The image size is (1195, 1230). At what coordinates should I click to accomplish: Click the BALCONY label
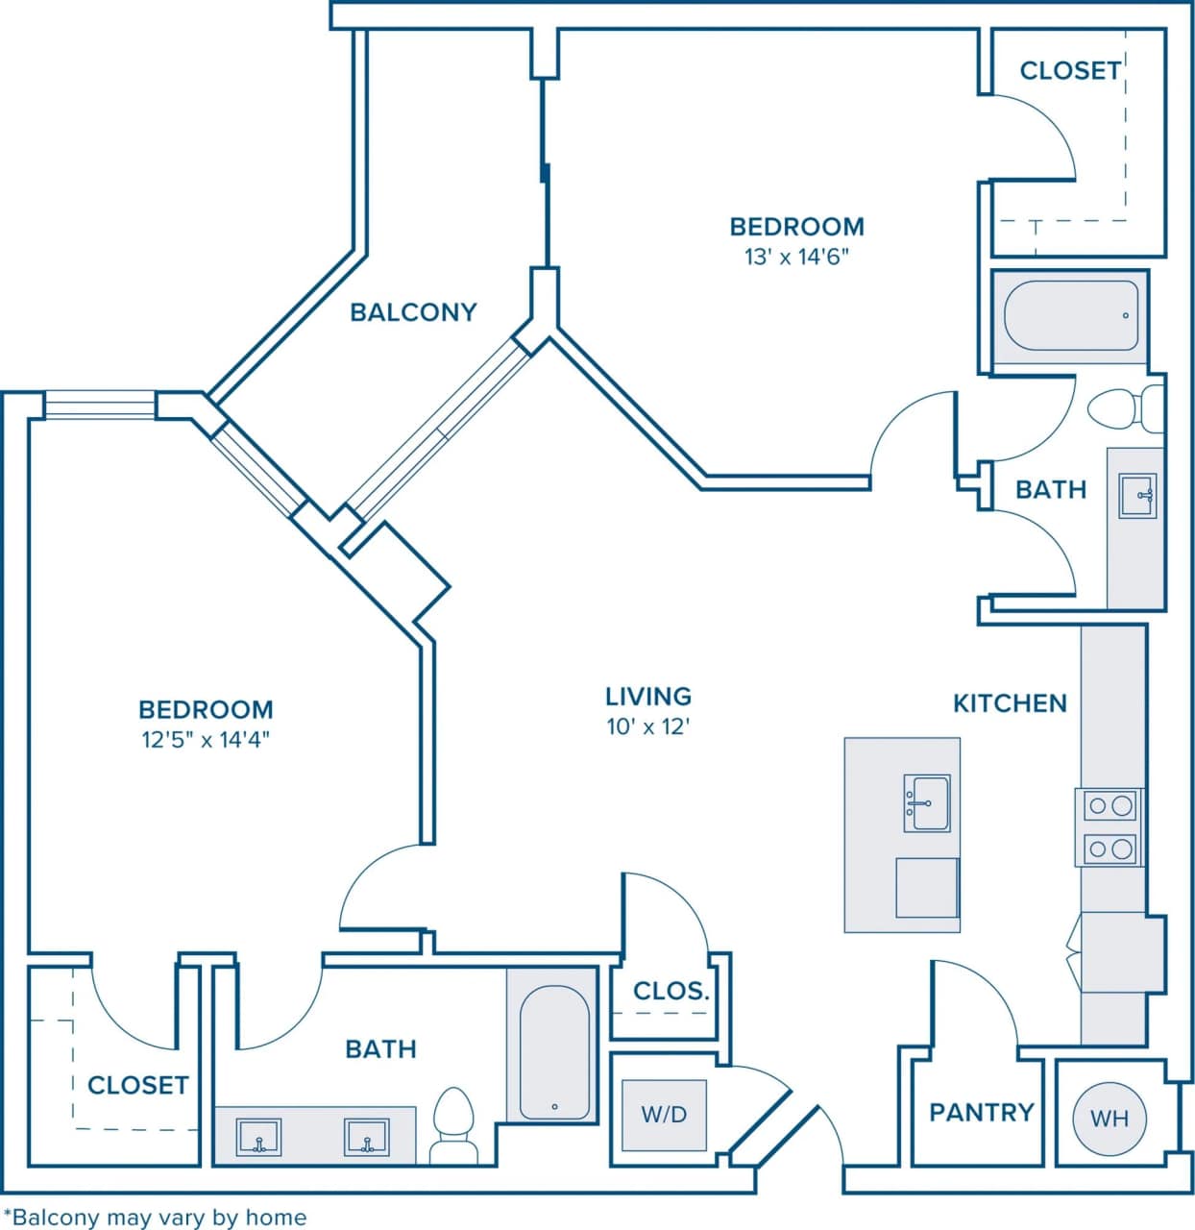[413, 312]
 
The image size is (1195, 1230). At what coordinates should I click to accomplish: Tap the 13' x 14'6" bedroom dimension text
[796, 258]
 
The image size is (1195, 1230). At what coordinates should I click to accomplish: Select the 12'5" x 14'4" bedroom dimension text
[206, 740]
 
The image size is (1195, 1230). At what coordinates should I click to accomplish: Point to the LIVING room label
[648, 696]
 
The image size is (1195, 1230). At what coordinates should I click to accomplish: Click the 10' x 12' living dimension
[648, 726]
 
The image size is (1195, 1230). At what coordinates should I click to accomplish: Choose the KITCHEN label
[1010, 703]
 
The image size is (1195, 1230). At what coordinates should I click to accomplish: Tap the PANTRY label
[981, 1112]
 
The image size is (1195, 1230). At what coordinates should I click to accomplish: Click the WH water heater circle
[1110, 1118]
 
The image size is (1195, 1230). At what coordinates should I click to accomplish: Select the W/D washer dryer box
[664, 1115]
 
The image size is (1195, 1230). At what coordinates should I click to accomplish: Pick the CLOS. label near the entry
[671, 991]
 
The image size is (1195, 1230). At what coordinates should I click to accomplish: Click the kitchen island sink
[927, 803]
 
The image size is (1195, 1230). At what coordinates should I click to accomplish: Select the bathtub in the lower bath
[554, 1053]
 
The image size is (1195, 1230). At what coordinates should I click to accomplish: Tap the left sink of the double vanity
[258, 1137]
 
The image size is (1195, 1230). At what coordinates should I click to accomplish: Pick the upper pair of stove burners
[1110, 805]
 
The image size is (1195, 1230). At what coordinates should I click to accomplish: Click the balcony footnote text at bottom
[155, 1218]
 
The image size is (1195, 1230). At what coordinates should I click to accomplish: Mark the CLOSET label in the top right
[1069, 70]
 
